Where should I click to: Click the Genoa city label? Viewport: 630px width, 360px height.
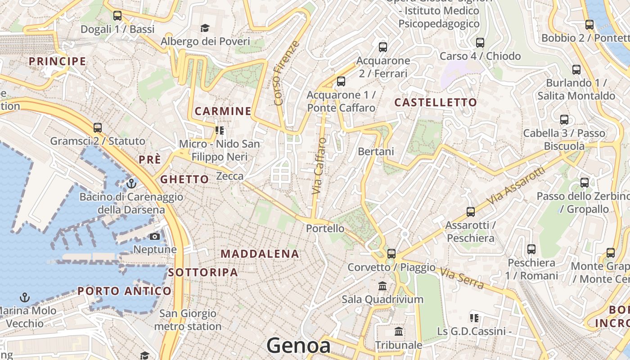(299, 346)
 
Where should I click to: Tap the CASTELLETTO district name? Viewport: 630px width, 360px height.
(435, 103)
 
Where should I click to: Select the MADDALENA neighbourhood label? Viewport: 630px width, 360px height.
(260, 254)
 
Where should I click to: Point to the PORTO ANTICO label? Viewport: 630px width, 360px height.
(124, 291)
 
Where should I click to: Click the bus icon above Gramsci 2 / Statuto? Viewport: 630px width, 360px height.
(98, 128)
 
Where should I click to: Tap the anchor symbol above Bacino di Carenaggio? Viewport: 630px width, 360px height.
(131, 184)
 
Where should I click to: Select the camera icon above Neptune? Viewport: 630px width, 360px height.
(155, 236)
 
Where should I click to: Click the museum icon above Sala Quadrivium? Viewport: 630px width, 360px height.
(382, 286)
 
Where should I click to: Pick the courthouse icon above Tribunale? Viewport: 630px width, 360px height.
(399, 332)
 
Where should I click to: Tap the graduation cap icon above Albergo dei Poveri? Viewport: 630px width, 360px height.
(205, 28)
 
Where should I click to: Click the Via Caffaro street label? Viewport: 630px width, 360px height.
(319, 166)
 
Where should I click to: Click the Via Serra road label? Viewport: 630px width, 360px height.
(462, 279)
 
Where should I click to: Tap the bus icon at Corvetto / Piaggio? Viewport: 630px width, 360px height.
(391, 253)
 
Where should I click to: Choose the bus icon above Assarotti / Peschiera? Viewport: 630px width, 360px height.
(471, 211)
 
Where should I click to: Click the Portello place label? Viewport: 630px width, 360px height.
(325, 229)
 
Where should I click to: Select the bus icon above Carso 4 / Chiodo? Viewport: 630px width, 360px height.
(480, 43)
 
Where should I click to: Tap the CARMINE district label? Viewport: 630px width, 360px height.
(223, 111)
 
